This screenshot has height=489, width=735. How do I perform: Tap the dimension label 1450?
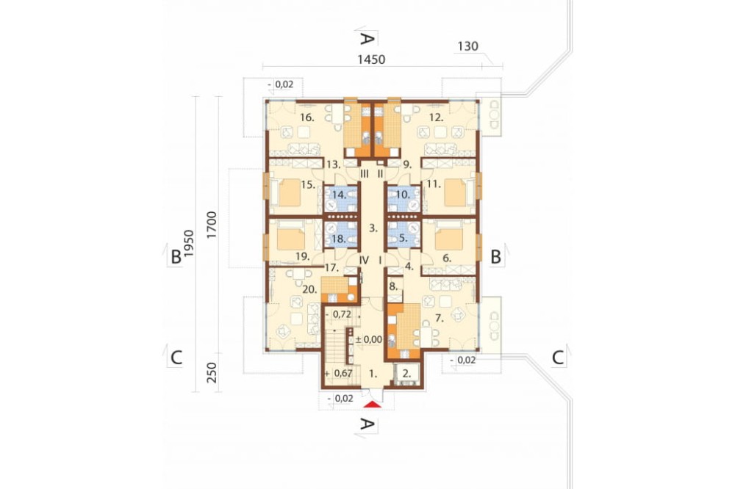coord(371,59)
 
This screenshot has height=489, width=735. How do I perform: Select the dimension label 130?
coord(467,46)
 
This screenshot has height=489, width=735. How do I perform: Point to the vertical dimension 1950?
coord(188,243)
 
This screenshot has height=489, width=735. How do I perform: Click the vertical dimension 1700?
coord(212,225)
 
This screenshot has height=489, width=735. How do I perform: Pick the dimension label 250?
coord(212,372)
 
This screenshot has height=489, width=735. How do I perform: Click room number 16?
coord(306,117)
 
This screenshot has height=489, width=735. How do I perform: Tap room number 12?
coord(437,117)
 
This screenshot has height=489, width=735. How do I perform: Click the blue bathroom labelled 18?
coord(341,233)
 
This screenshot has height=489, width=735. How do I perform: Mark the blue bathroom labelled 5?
coord(404,233)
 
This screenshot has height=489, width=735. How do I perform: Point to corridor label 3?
coord(373,228)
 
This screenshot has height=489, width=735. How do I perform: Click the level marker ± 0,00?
coord(369,339)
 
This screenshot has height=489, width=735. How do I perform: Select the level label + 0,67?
coord(338,373)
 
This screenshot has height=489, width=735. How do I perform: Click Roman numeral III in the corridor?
coord(365,174)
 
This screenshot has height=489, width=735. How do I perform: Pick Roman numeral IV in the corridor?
coord(365,259)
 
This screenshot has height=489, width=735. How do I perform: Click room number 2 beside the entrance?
coord(406,374)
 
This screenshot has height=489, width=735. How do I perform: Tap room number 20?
coord(309,289)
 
